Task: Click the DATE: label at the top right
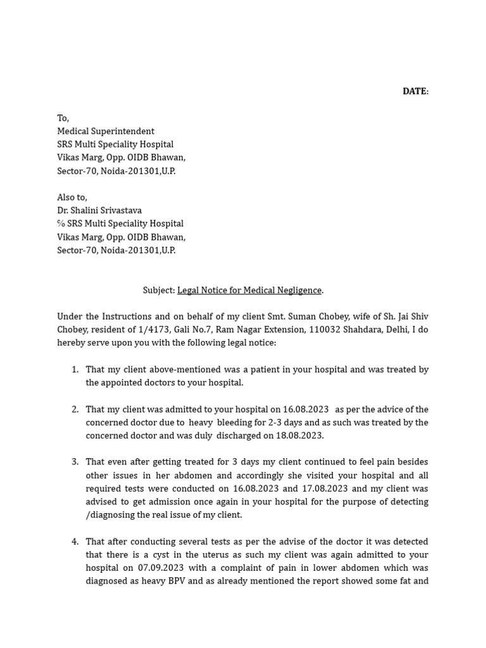(415, 91)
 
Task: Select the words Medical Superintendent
(106, 131)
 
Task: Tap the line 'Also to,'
(72, 197)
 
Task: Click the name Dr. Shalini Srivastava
(99, 210)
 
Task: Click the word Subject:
(159, 290)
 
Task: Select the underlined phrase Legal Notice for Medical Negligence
(249, 290)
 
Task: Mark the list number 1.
(75, 370)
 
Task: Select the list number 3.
(75, 462)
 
